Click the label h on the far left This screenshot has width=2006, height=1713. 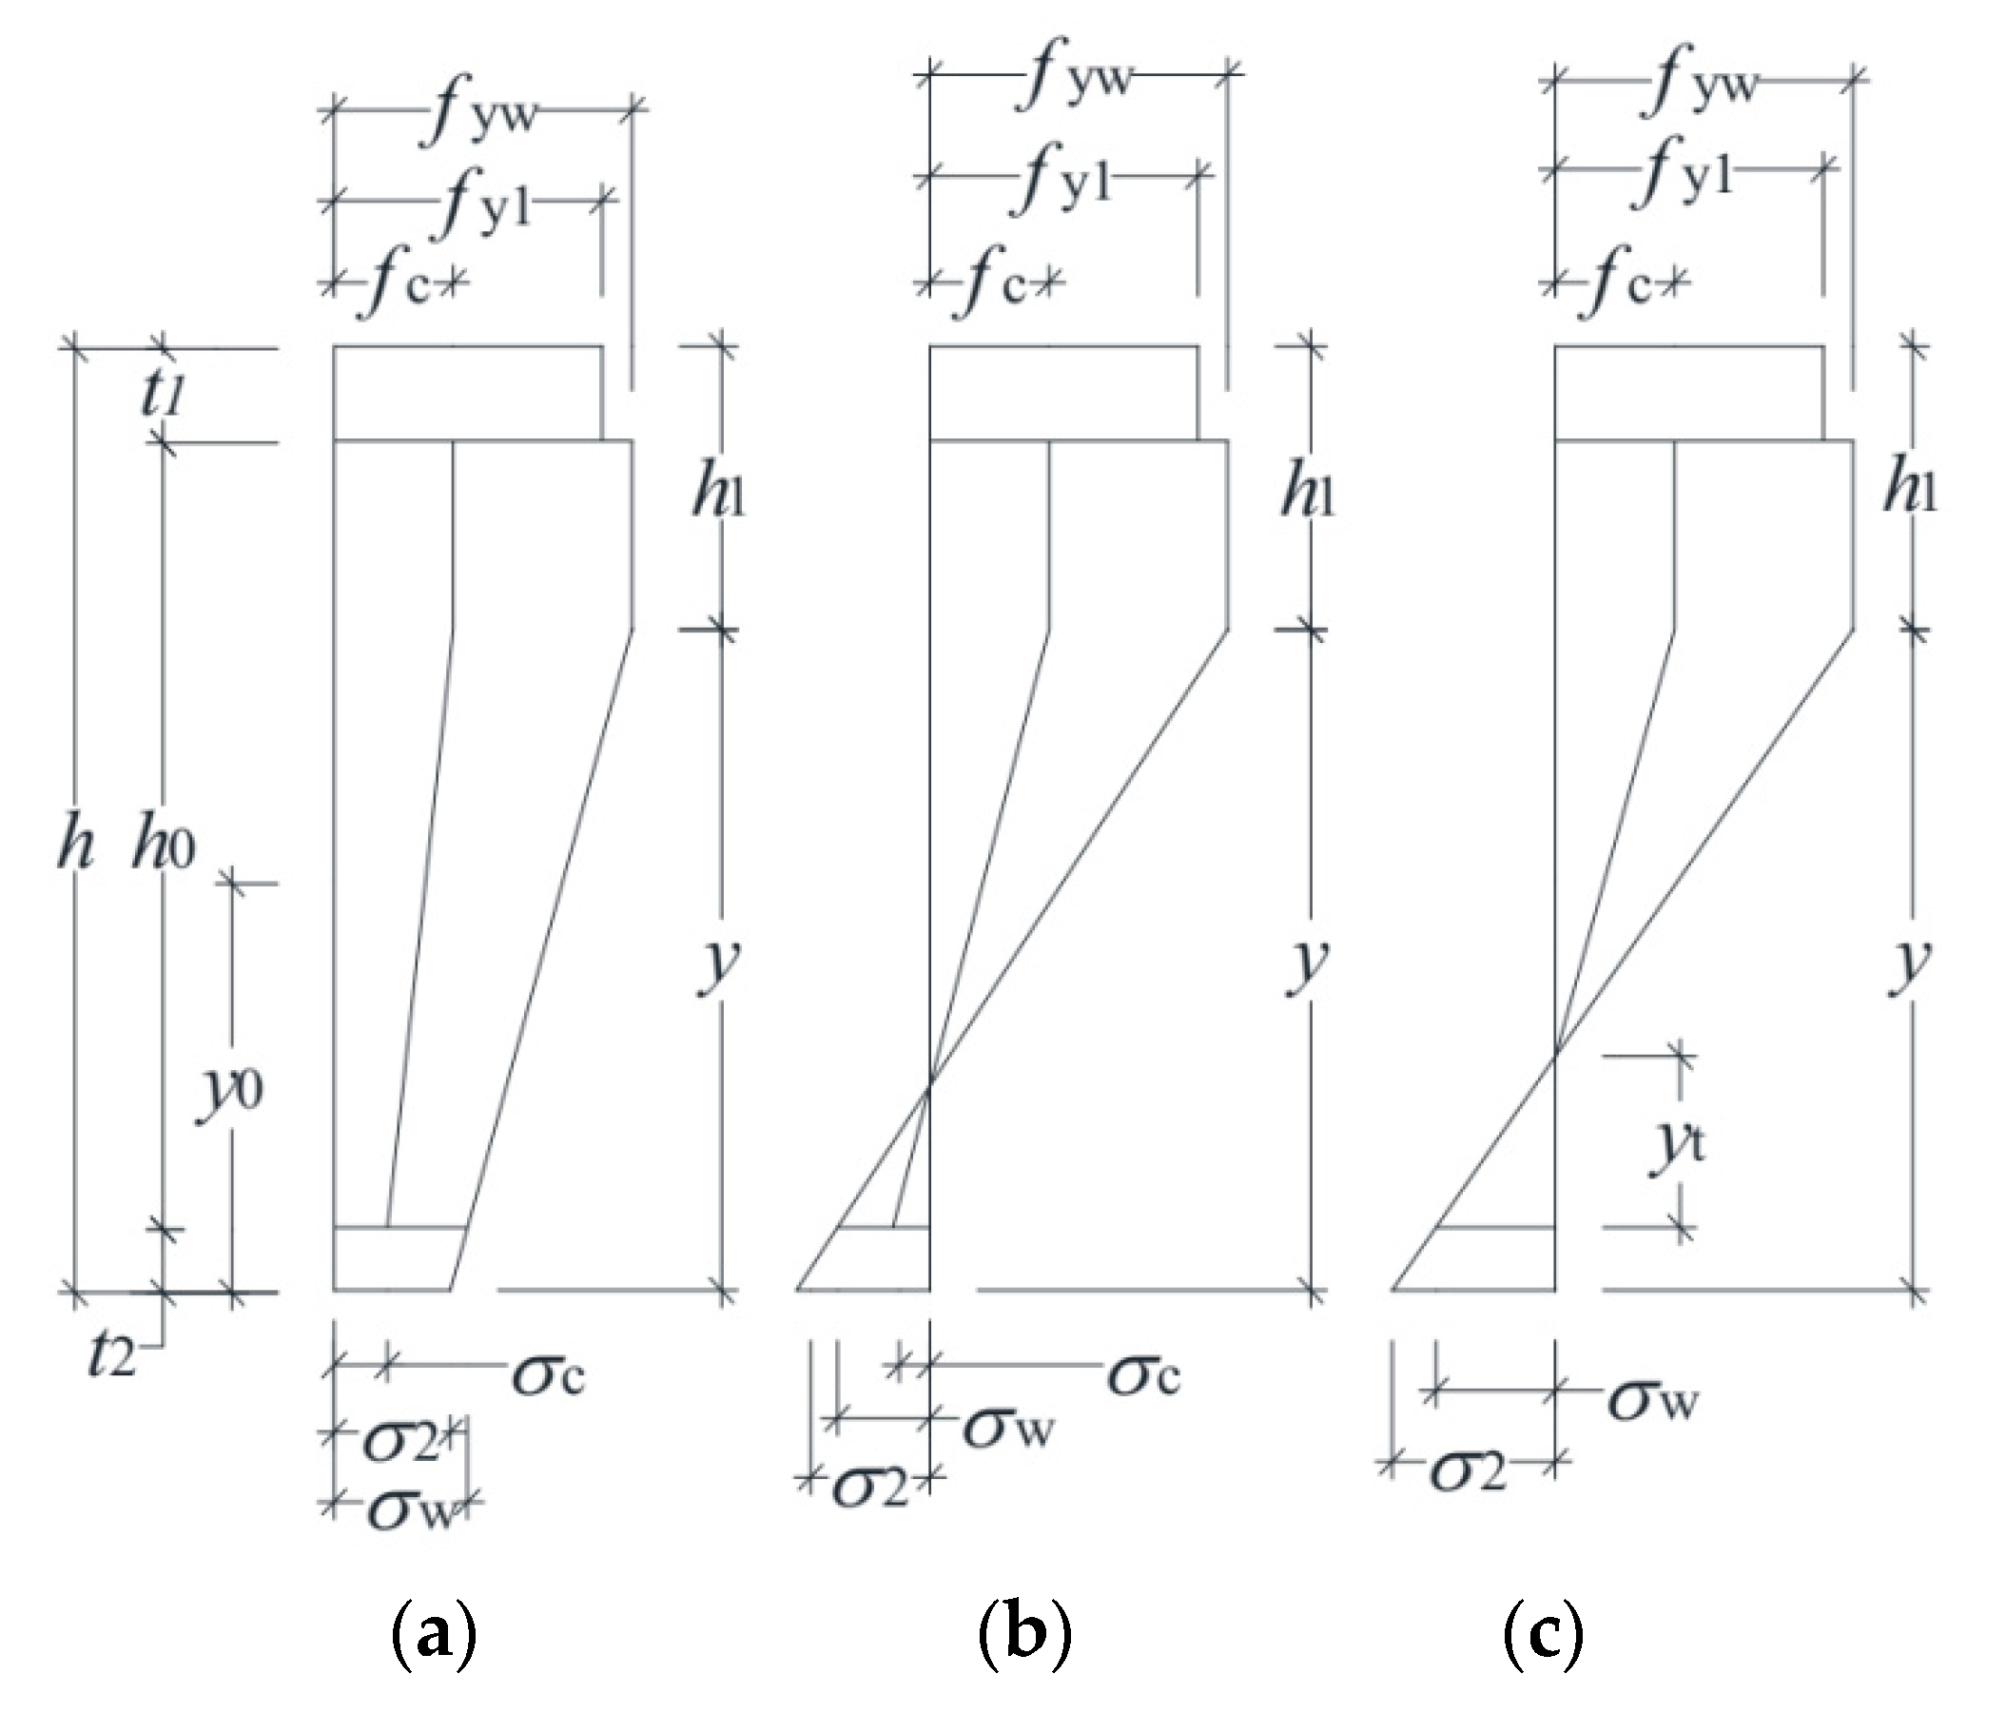coord(75,847)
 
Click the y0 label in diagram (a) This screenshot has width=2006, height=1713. coord(229,1094)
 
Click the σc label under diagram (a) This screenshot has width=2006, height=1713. coord(548,1375)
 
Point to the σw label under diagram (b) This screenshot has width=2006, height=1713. coord(1007,1429)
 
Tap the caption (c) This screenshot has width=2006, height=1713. coord(1543,1636)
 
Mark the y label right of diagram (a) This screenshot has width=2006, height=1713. coord(719,964)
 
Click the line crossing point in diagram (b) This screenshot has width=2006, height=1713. coord(930,1088)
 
